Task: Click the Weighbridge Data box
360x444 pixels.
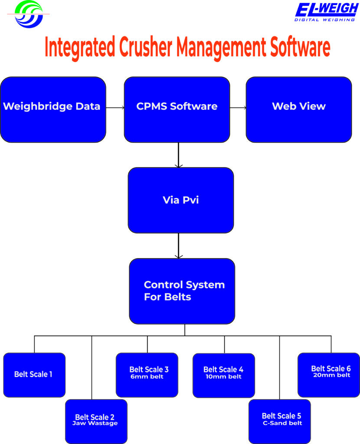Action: [53, 110]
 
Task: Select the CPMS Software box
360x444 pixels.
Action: [177, 110]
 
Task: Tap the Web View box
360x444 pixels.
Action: [299, 110]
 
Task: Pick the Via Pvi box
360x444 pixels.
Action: [181, 200]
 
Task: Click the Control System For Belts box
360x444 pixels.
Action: [182, 291]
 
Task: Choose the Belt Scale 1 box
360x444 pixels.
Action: [34, 375]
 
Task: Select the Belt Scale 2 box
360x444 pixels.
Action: [96, 421]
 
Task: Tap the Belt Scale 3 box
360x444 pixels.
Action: [147, 375]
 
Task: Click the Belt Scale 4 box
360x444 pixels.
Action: [224, 375]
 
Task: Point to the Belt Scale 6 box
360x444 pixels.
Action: [329, 375]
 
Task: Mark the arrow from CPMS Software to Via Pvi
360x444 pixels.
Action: [178, 155]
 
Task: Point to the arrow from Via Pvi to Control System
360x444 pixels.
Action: [178, 245]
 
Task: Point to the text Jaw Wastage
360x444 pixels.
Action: [95, 423]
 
